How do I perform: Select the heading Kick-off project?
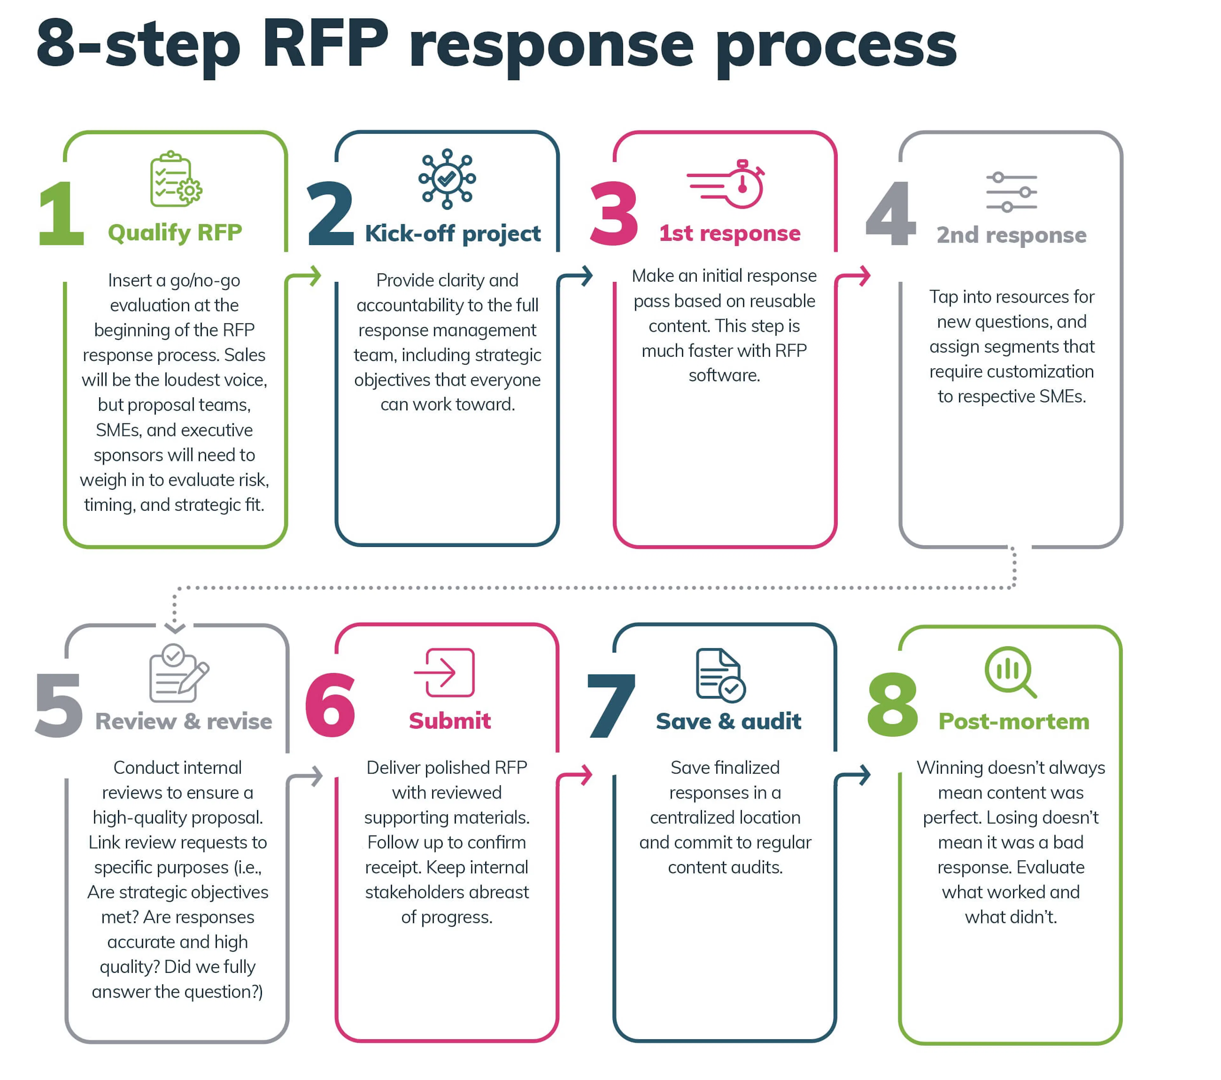452,233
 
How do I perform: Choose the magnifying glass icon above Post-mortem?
1010,672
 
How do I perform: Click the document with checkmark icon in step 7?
720,675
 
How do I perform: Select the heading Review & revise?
183,721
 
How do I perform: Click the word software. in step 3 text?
724,375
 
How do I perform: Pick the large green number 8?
893,705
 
